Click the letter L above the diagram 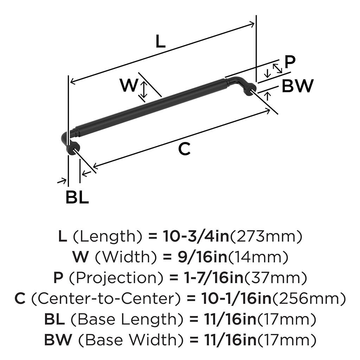(160, 41)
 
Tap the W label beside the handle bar (129, 85)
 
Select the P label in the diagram (290, 62)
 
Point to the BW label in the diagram (297, 86)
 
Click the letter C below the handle (184, 149)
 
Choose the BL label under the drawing (77, 197)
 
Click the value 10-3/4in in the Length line (196, 237)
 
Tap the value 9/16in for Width (202, 257)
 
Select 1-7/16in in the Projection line (213, 278)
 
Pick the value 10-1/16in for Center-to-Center (237, 298)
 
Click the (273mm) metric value (266, 237)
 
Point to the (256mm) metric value (309, 298)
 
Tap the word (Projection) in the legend (116, 278)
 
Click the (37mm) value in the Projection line (275, 278)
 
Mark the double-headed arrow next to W (144, 90)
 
